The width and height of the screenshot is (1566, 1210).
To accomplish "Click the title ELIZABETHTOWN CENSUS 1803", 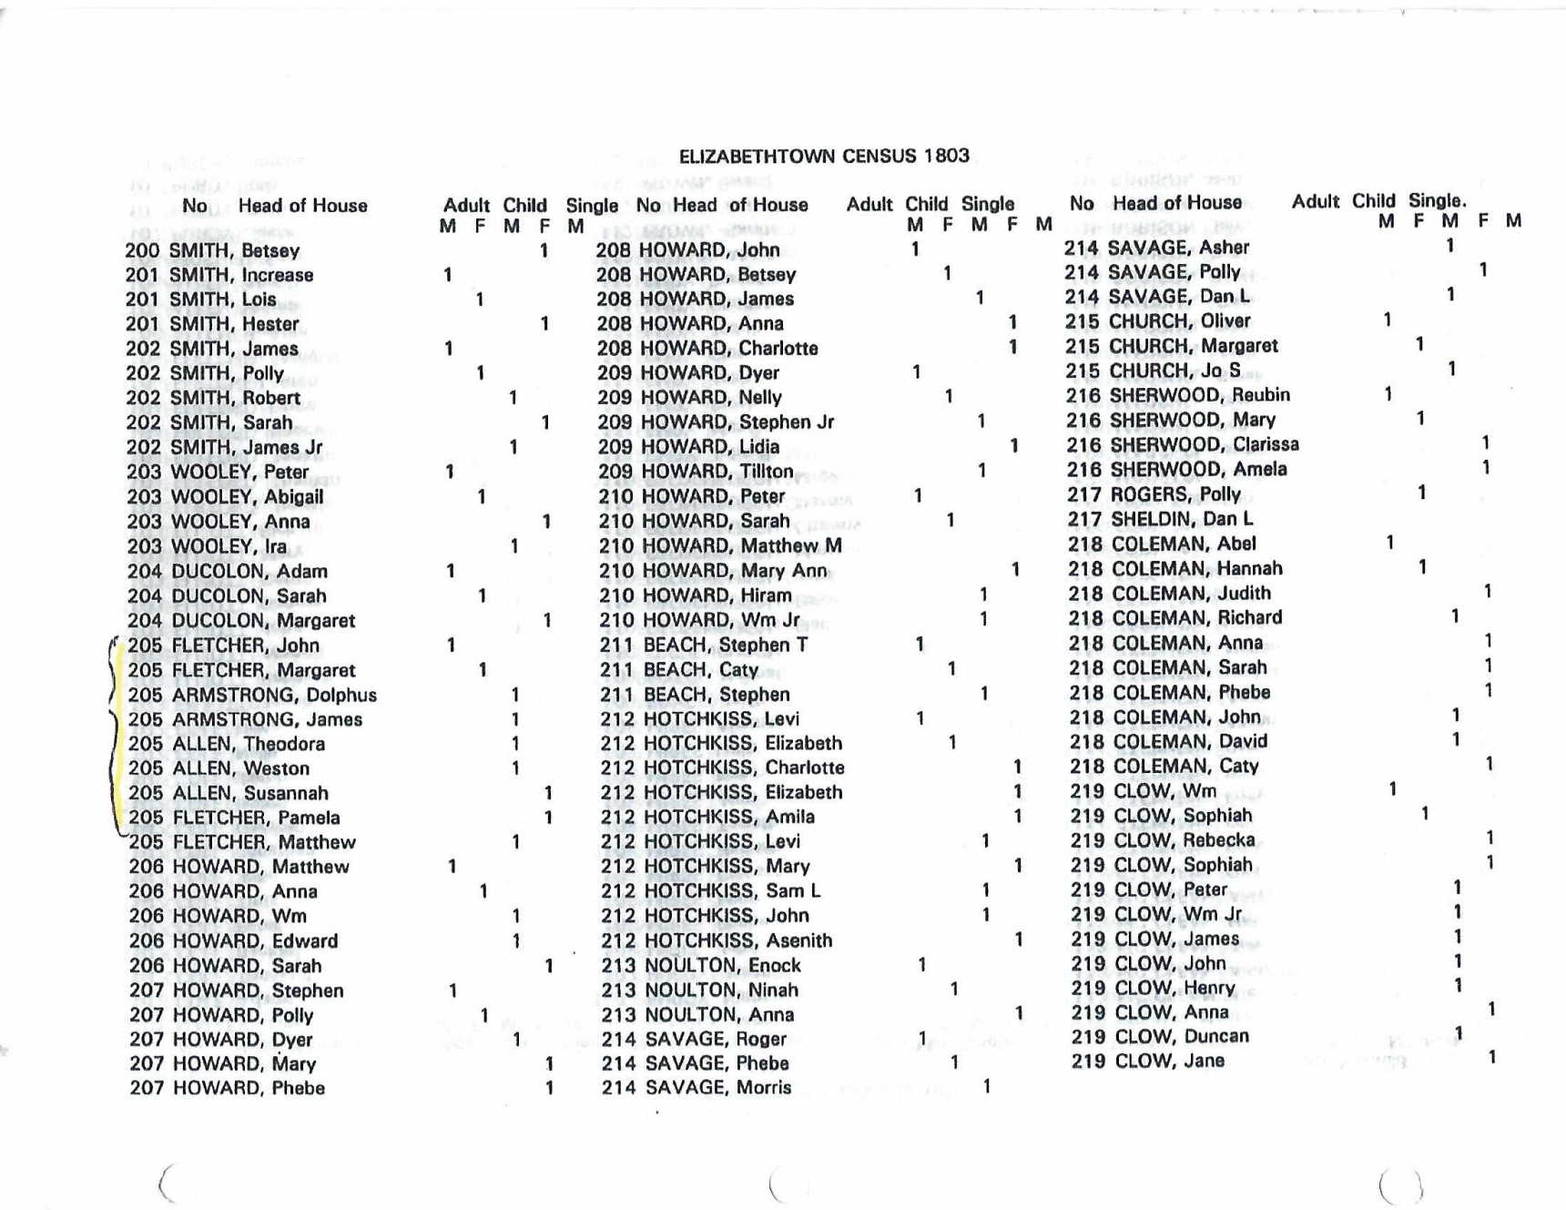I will pos(824,156).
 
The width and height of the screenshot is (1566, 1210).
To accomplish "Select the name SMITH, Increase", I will pos(241,275).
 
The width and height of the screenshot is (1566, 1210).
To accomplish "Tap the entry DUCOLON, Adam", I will pos(249,572).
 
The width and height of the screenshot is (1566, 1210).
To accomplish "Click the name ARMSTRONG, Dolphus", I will pos(274,696).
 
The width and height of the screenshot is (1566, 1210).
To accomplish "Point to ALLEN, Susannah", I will pos(249,794).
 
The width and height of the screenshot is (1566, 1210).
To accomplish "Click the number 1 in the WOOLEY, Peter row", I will pos(450,472).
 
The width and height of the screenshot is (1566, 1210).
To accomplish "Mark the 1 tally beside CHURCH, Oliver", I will pos(1388,320).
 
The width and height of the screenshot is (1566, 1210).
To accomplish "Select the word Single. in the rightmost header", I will pos(1437,201).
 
